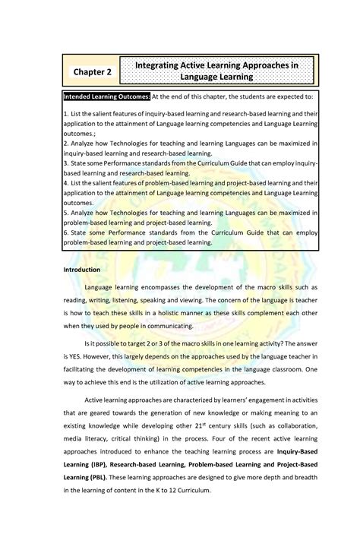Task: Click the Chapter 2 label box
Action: (92, 71)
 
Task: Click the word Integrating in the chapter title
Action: (164, 66)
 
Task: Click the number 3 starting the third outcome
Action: (66, 163)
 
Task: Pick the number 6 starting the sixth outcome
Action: (66, 232)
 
